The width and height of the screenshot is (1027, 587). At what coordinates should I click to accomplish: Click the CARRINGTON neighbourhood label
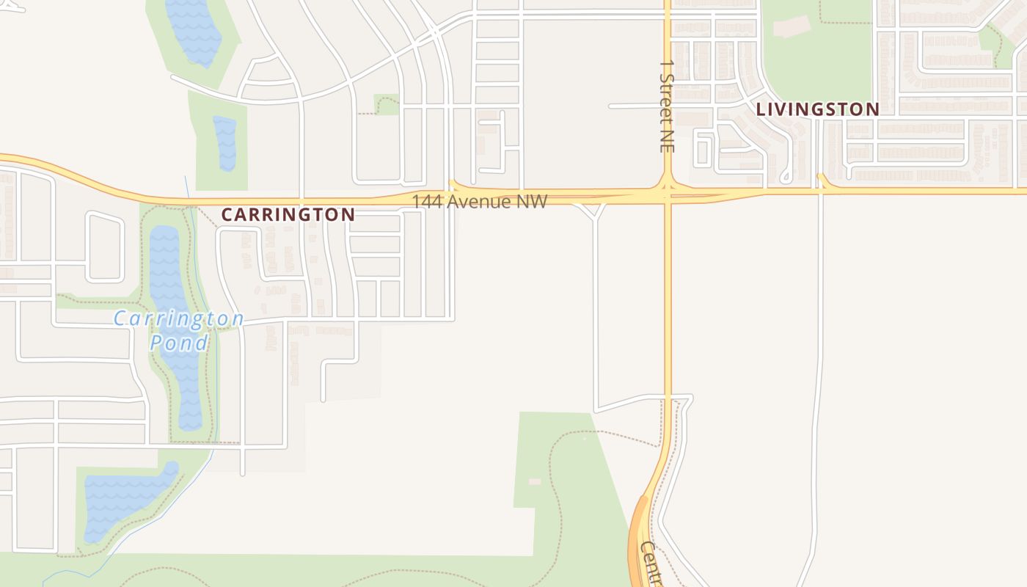tap(288, 214)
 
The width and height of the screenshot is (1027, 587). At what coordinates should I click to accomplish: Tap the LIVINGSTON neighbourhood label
tap(817, 109)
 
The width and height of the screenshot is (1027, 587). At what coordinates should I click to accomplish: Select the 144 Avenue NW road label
tap(479, 201)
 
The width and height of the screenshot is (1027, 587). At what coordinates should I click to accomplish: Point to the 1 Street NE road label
tap(666, 106)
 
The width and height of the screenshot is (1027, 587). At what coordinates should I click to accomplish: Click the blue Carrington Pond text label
tap(179, 329)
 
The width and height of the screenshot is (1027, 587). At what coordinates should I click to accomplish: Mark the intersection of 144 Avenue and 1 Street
tap(668, 194)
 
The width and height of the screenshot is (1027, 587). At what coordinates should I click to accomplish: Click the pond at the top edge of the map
tap(193, 29)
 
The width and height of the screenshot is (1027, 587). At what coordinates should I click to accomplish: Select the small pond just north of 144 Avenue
tap(225, 143)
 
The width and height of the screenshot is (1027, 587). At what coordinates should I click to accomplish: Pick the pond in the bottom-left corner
tap(121, 499)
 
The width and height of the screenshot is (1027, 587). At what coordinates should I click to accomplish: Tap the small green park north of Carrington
tap(386, 104)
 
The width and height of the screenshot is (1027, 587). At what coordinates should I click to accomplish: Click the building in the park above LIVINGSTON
tap(792, 26)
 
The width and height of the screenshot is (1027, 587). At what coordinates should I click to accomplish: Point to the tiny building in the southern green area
tap(535, 481)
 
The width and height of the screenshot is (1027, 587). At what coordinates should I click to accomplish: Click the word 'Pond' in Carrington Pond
tap(179, 342)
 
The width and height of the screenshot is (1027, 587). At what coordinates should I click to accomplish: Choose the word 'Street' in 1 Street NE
tap(666, 102)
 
